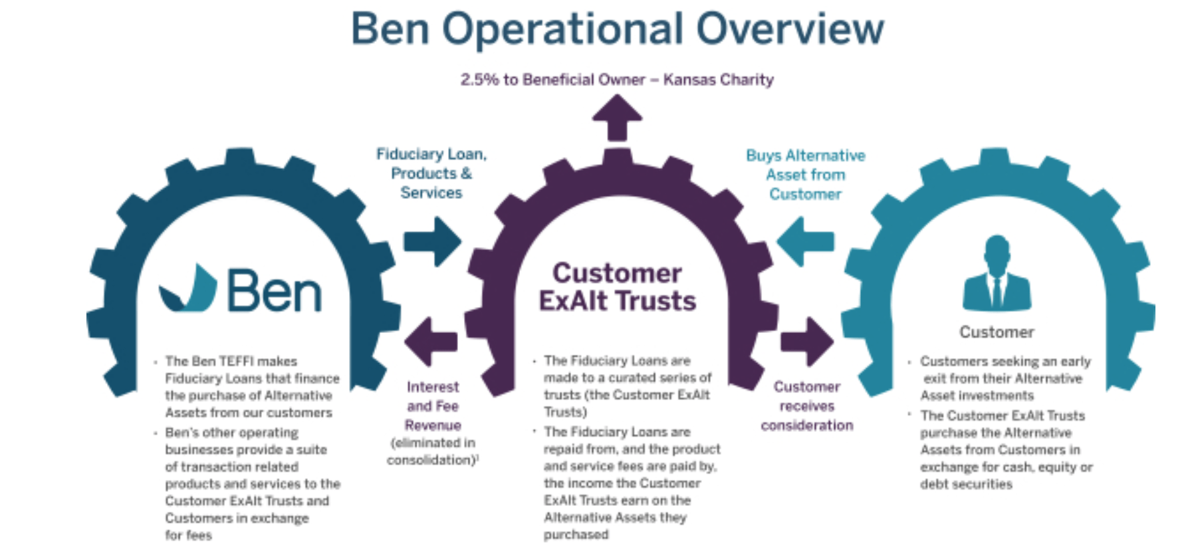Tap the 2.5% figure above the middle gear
[x=479, y=80]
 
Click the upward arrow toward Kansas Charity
[x=617, y=117]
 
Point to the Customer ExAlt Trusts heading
[x=617, y=287]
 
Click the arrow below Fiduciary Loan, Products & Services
[x=432, y=241]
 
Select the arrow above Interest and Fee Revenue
[x=431, y=341]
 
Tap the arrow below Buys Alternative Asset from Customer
[x=805, y=241]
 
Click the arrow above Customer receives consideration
[x=806, y=341]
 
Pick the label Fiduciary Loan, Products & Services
[x=431, y=173]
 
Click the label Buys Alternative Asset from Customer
[x=805, y=175]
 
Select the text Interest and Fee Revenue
[x=433, y=405]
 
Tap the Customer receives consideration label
[x=807, y=405]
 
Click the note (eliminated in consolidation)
[x=433, y=451]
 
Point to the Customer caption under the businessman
[x=997, y=332]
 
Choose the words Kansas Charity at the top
[x=718, y=80]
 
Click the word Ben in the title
[x=390, y=29]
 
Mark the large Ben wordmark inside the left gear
[x=275, y=290]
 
